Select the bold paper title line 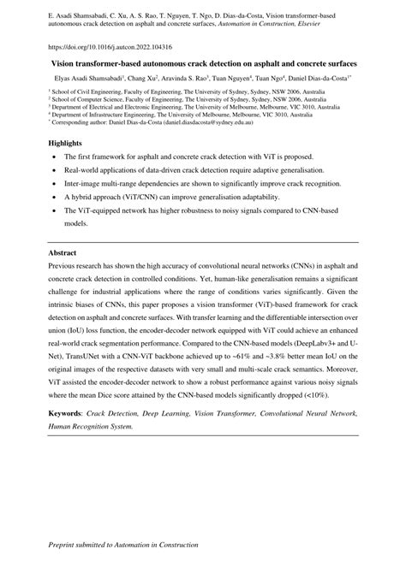point(202,64)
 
